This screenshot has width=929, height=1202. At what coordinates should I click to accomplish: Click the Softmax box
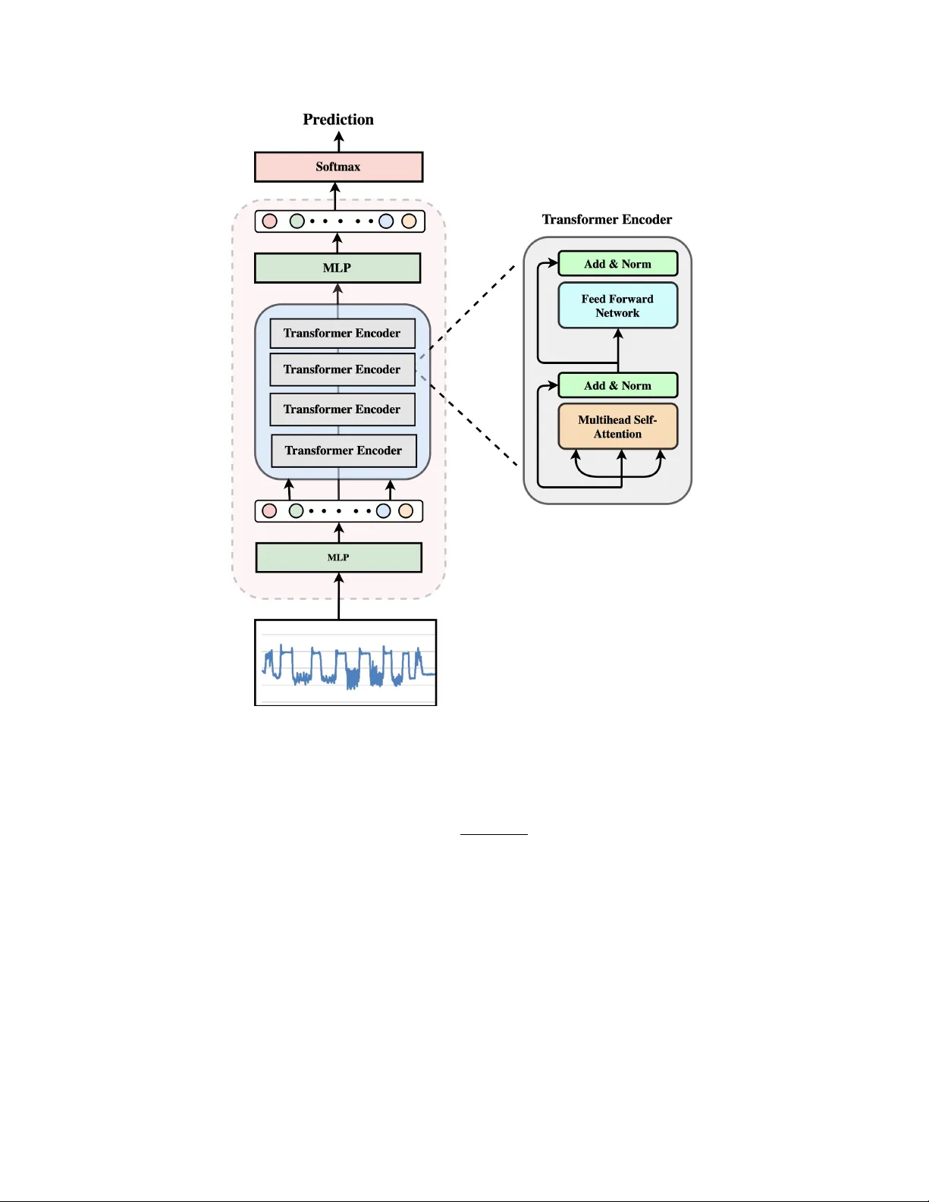[x=338, y=167]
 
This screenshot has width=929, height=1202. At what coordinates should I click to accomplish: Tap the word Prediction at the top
[x=338, y=119]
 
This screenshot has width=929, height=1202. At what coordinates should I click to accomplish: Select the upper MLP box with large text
[x=337, y=268]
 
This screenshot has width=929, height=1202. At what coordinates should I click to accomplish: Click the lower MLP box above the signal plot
[x=338, y=557]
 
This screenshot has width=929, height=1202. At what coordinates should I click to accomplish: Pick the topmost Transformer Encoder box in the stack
[x=342, y=333]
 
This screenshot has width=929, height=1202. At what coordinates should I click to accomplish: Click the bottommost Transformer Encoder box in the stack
[x=344, y=450]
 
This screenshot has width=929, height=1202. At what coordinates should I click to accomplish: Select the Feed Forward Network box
[x=617, y=306]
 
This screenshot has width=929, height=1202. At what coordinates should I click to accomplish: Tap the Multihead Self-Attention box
[x=617, y=427]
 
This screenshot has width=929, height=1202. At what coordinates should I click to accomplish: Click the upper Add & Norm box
[x=617, y=264]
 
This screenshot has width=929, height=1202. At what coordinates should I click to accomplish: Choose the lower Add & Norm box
[x=617, y=385]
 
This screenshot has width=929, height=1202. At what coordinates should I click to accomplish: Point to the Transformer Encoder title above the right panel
[x=607, y=219]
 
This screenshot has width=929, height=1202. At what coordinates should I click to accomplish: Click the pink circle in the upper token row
[x=269, y=221]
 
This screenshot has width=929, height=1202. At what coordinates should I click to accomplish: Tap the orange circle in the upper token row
[x=409, y=221]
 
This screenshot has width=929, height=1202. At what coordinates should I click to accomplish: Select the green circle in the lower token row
[x=296, y=511]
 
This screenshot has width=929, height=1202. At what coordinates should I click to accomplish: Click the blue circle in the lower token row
[x=384, y=511]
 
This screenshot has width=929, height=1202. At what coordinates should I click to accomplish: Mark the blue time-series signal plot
[x=345, y=663]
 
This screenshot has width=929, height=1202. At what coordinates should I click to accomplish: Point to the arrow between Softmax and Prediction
[x=339, y=142]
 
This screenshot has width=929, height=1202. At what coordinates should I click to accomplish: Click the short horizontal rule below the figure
[x=494, y=834]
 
